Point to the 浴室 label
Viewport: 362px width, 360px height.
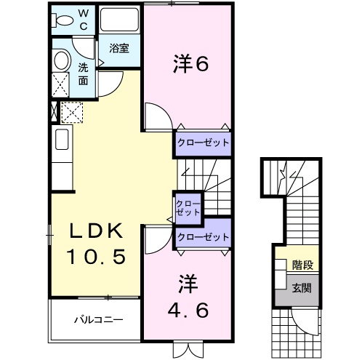pos(119,48)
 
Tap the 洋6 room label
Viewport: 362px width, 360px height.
pos(191,64)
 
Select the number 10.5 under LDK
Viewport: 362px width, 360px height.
pos(98,257)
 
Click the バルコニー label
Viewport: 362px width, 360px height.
pos(97,319)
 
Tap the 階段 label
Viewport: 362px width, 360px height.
pos(302,265)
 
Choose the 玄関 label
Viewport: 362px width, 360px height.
pos(302,287)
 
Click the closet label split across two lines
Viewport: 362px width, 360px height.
pos(188,207)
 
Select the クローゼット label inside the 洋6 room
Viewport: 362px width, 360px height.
pos(202,143)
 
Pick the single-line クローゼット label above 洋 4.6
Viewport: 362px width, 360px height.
pos(202,237)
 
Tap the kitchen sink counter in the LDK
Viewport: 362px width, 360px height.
pos(61,140)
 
